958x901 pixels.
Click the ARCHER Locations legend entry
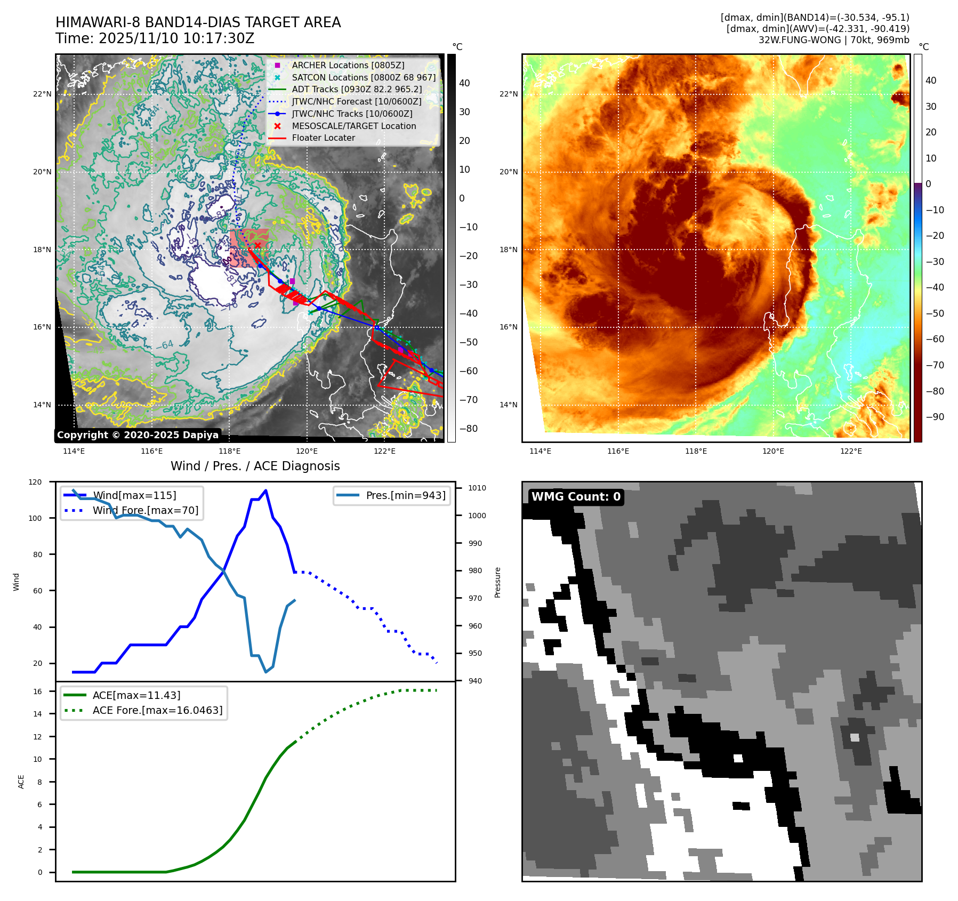348,65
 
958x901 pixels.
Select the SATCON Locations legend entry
363,77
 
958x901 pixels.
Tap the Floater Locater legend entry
323,138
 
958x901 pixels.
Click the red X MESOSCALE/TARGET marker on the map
258,245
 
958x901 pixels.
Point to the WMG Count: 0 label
576,497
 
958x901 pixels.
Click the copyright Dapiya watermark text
138,435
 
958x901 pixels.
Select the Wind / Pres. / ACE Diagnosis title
255,466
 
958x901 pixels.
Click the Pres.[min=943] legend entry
405,495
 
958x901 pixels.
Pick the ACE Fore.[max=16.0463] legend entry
157,710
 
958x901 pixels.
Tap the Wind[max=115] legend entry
134,495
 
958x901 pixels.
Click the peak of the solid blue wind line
265,490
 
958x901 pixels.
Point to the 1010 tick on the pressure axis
477,488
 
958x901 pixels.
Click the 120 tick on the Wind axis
35,482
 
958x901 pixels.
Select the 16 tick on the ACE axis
37,691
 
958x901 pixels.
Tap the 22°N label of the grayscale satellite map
42,94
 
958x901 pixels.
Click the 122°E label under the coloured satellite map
851,451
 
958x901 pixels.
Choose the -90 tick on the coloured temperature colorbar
935,417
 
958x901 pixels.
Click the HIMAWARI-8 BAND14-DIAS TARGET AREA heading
198,22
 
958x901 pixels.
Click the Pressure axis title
497,582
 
